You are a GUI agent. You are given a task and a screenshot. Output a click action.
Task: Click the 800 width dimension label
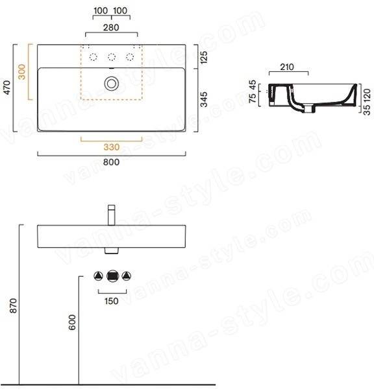[111, 162]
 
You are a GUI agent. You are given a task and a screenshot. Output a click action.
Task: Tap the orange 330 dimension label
[111, 147]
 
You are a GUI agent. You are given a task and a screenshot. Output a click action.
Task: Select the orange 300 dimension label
[22, 72]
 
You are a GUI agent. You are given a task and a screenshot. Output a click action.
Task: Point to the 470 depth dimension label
[7, 88]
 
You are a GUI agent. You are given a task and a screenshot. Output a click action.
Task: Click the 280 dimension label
[111, 27]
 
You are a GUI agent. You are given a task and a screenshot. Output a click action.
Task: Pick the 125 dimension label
[204, 57]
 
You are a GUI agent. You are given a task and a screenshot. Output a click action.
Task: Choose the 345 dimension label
[204, 99]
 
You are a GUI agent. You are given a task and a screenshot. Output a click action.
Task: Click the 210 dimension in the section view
[287, 67]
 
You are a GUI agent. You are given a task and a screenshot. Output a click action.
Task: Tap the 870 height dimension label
[13, 305]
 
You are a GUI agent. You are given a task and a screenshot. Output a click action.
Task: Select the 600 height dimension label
[72, 322]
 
